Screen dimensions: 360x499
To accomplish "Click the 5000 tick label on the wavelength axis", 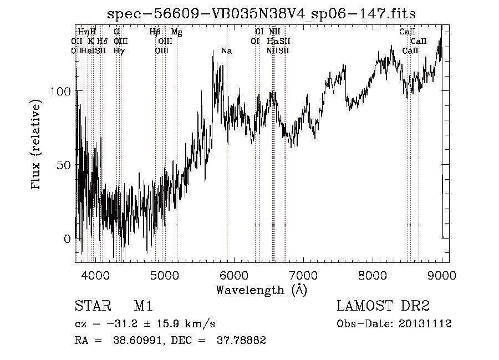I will click(165, 275).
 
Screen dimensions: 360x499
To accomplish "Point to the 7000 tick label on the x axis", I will click(303, 275).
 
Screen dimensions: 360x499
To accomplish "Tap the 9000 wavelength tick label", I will click(442, 275).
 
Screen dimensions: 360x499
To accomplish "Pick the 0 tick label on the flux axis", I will click(68, 239).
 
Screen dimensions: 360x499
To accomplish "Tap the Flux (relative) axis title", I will click(37, 145).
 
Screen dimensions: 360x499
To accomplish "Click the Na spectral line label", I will click(226, 51).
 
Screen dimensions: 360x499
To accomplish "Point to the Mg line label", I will click(177, 32).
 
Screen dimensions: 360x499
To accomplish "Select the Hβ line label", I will click(155, 32).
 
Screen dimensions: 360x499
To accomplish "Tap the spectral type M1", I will click(143, 306).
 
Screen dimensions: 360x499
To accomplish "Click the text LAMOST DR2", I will click(383, 306).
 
